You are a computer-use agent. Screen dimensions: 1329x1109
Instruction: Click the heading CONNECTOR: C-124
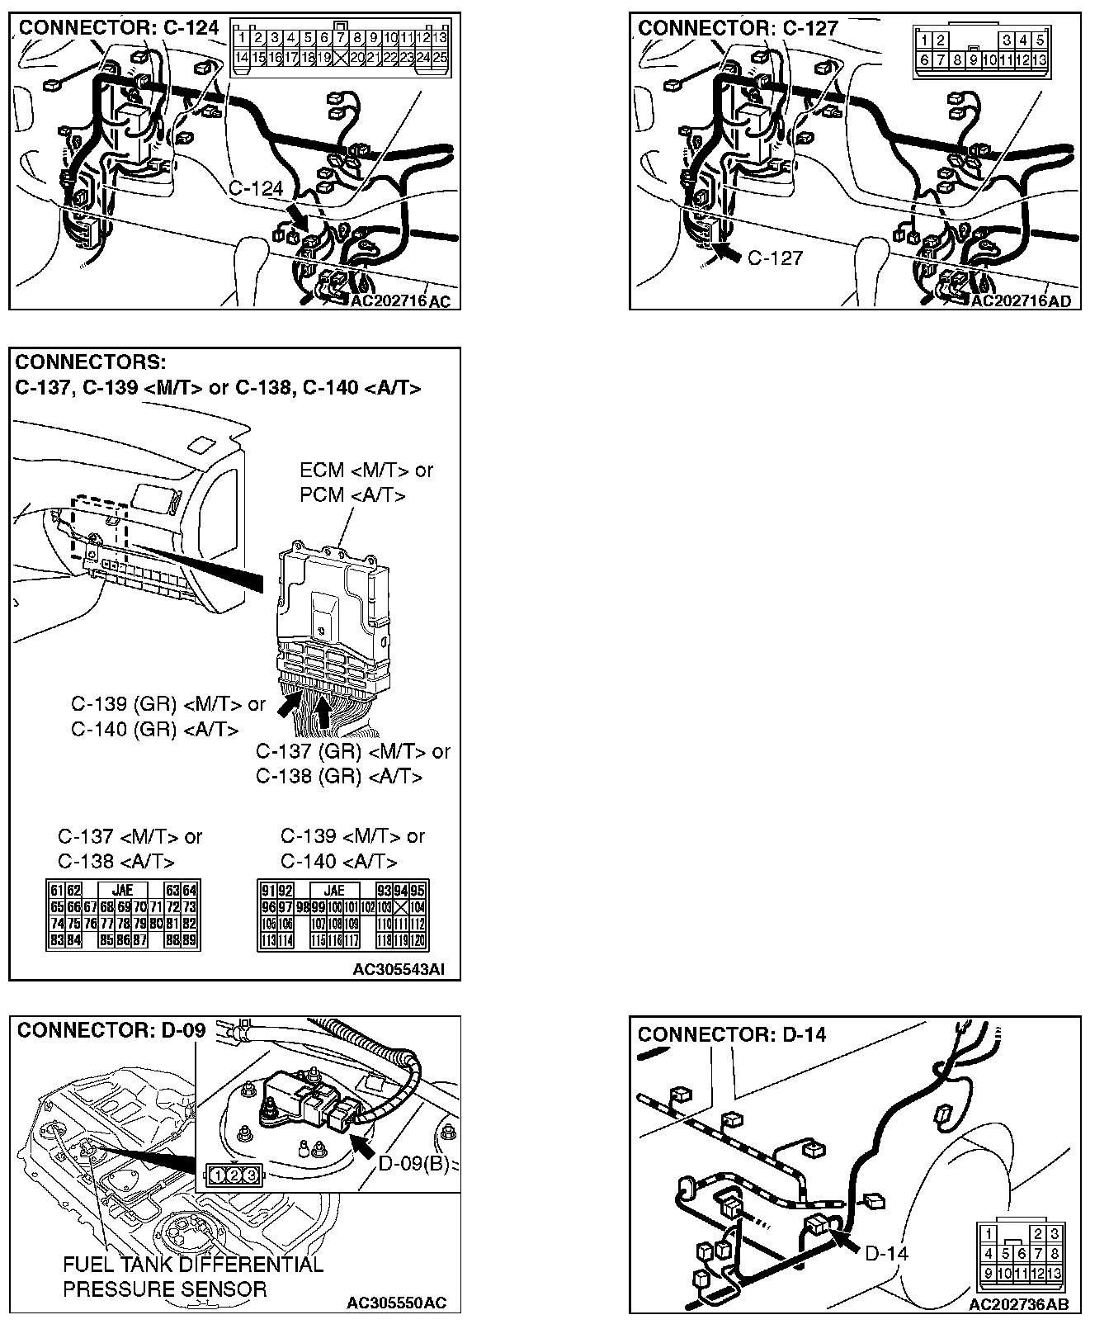coord(119,28)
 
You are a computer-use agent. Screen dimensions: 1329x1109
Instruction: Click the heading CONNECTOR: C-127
coord(738,28)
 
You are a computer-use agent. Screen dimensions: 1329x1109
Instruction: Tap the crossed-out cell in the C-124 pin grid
coord(341,57)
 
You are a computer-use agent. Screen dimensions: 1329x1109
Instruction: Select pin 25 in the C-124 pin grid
coord(440,57)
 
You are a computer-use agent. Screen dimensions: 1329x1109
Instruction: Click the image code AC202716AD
coord(1020,301)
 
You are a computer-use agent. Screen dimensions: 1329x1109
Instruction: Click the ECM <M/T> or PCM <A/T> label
coord(366,482)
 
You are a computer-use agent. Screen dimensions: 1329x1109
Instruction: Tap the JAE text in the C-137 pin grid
coord(127,891)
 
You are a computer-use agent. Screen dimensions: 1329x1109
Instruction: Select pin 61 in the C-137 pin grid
coord(56,891)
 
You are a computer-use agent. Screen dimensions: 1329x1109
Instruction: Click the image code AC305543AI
coord(399,969)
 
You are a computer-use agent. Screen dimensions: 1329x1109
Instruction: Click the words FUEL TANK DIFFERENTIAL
coord(193,1265)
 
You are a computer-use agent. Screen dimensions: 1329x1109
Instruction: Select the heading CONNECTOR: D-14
coord(731,1034)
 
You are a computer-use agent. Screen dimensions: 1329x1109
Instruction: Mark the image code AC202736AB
coord(1018,1304)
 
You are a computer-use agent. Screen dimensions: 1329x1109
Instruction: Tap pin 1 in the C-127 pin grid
coord(926,40)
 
